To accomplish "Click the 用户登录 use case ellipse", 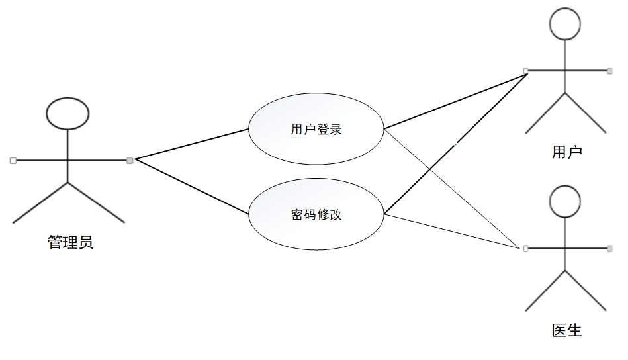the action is [316, 129].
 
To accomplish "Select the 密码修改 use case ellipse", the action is [316, 214].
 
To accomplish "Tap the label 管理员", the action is [70, 242].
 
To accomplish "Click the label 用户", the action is [566, 152].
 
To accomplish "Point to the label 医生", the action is [566, 330].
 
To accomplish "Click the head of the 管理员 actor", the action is [67, 112].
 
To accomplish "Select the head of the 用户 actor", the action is [565, 24].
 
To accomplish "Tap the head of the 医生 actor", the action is [565, 202].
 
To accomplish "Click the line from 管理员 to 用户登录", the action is [191, 144].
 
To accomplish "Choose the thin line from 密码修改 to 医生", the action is [450, 231].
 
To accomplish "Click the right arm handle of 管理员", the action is [130, 160].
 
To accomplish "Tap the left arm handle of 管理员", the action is [13, 160].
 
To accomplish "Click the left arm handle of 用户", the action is [525, 70].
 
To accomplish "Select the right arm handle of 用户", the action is [609, 70].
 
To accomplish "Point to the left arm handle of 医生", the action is [525, 248].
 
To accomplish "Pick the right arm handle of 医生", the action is [609, 248].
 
